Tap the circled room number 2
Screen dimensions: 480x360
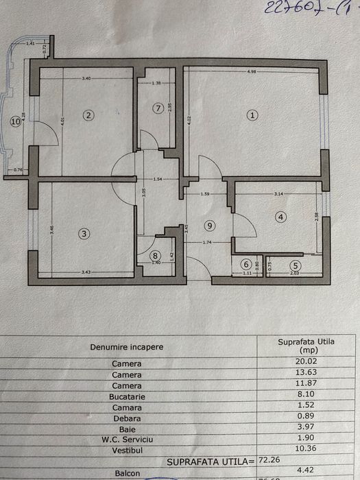coord(88,115)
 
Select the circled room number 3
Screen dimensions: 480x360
coord(84,234)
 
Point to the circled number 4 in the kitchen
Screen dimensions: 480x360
coord(280,217)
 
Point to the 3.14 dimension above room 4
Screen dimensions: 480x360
coord(278,195)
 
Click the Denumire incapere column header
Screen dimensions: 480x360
coord(126,347)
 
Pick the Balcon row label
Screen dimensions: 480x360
coord(126,472)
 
